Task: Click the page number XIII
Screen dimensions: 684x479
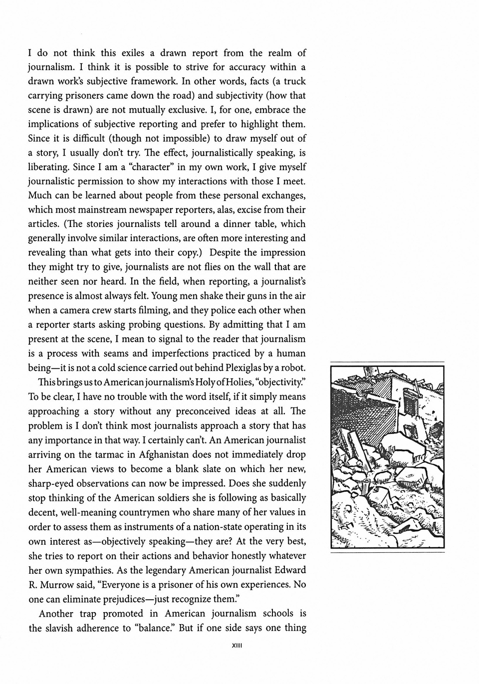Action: click(x=237, y=645)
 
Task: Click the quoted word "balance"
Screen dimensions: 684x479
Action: click(x=154, y=628)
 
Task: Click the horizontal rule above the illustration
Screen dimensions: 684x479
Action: click(x=387, y=362)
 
